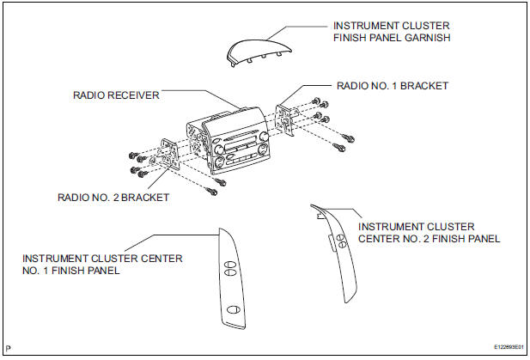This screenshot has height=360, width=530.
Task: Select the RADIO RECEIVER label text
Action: point(114,96)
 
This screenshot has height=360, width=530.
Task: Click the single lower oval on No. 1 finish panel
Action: point(234,310)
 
